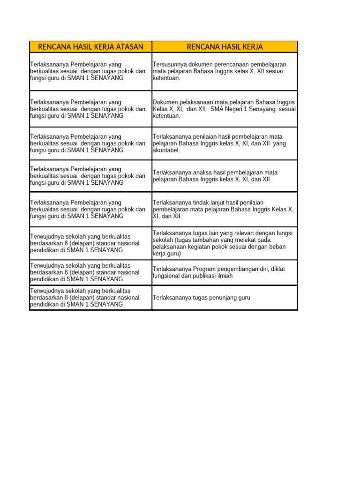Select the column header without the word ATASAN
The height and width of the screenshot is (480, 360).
point(225,47)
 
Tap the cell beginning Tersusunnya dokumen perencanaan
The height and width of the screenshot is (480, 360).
point(224,71)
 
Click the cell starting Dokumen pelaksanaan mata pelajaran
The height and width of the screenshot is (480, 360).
point(224,109)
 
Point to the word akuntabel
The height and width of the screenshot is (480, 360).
point(166,150)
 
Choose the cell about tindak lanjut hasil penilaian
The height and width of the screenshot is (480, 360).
point(224,210)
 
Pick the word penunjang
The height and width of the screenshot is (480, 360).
point(221,298)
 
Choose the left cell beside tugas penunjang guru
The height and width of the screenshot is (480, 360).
point(90,298)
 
